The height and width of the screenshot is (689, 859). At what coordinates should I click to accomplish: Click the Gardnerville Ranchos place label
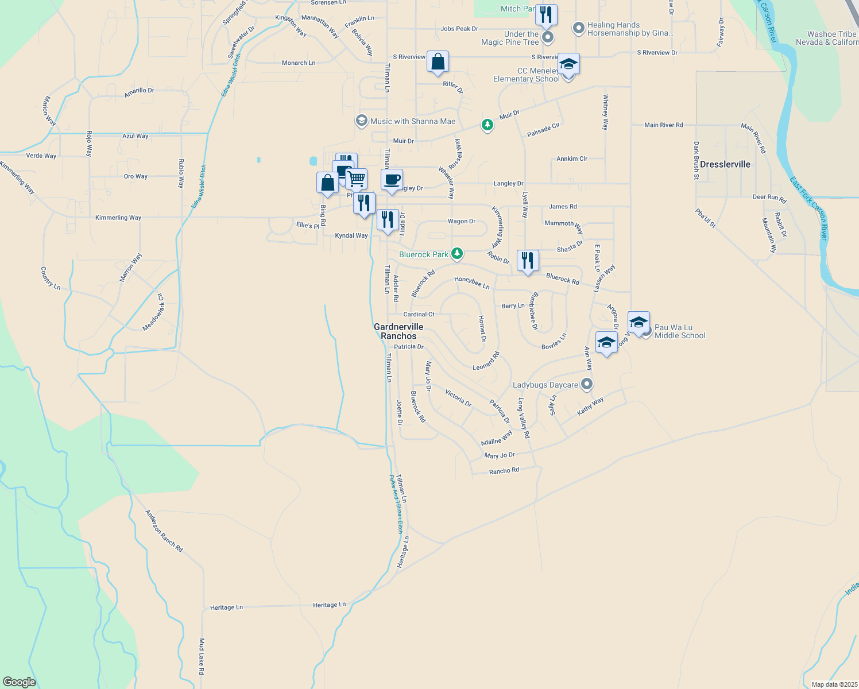pyautogui.click(x=398, y=331)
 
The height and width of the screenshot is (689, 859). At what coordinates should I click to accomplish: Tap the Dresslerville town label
pyautogui.click(x=725, y=164)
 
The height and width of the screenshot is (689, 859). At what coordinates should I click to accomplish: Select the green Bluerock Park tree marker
pyautogui.click(x=457, y=253)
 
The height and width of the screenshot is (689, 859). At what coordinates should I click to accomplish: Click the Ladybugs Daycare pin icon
pyautogui.click(x=586, y=384)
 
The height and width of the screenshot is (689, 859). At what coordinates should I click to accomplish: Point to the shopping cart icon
pyautogui.click(x=357, y=179)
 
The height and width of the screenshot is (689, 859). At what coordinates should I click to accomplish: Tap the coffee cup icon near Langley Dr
pyautogui.click(x=392, y=180)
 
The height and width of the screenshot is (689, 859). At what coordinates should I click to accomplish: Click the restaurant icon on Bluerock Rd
pyautogui.click(x=527, y=260)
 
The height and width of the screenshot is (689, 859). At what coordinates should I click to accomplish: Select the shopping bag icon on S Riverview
pyautogui.click(x=438, y=61)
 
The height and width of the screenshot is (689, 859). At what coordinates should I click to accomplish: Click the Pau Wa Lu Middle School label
pyautogui.click(x=680, y=331)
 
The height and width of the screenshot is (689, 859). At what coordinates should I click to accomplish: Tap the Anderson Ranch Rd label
pyautogui.click(x=164, y=531)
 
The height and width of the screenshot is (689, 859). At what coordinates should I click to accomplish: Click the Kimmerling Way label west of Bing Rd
pyautogui.click(x=118, y=218)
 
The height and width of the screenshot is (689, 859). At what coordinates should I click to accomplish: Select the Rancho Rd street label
pyautogui.click(x=504, y=471)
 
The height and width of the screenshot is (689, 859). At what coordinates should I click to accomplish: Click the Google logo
pyautogui.click(x=20, y=682)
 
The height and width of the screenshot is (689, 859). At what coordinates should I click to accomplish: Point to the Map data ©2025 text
pyautogui.click(x=834, y=684)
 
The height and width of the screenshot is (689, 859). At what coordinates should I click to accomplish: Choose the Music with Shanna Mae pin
pyautogui.click(x=361, y=121)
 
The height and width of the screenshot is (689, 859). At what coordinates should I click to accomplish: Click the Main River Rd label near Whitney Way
pyautogui.click(x=664, y=125)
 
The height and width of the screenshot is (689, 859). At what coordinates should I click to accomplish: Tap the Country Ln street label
pyautogui.click(x=51, y=277)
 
